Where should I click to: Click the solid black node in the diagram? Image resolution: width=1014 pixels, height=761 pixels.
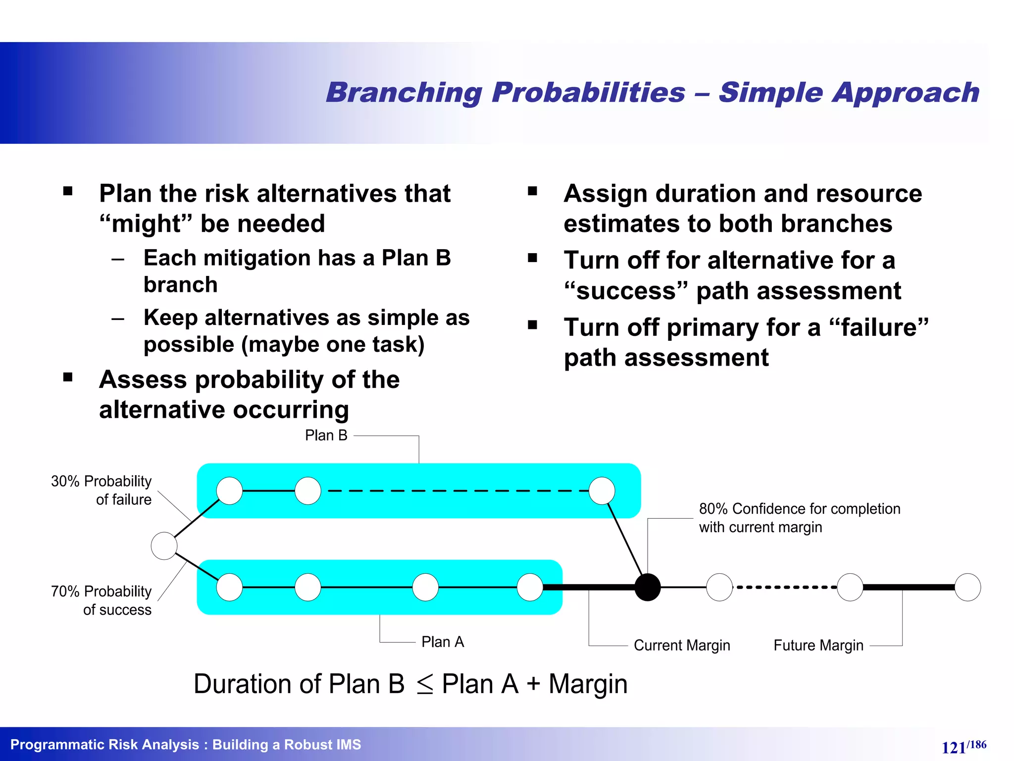click(x=647, y=587)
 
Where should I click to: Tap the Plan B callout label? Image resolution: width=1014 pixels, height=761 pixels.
click(x=326, y=435)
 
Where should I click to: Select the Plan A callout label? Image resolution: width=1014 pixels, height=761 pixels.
click(x=442, y=642)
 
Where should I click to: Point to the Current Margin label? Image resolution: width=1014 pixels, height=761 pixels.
click(x=681, y=646)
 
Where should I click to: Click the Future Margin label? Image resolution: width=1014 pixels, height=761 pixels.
click(x=818, y=646)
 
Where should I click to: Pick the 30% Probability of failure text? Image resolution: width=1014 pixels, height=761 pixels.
click(x=101, y=490)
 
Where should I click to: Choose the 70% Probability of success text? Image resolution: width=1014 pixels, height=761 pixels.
click(x=101, y=600)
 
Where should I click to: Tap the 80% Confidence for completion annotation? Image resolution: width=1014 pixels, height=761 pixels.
click(x=799, y=518)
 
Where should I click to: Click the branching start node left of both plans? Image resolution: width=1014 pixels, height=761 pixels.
click(x=164, y=545)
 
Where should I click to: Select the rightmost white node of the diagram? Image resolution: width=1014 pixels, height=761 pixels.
click(x=967, y=587)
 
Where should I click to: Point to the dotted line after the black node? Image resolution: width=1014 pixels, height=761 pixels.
click(x=785, y=587)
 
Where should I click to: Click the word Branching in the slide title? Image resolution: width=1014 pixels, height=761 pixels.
click(x=404, y=93)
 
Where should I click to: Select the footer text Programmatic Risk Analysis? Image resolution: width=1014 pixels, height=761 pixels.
click(x=104, y=745)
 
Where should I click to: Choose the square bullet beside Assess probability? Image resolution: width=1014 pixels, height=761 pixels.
click(x=68, y=378)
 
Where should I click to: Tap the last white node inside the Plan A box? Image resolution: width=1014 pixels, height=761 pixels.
click(x=530, y=587)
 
